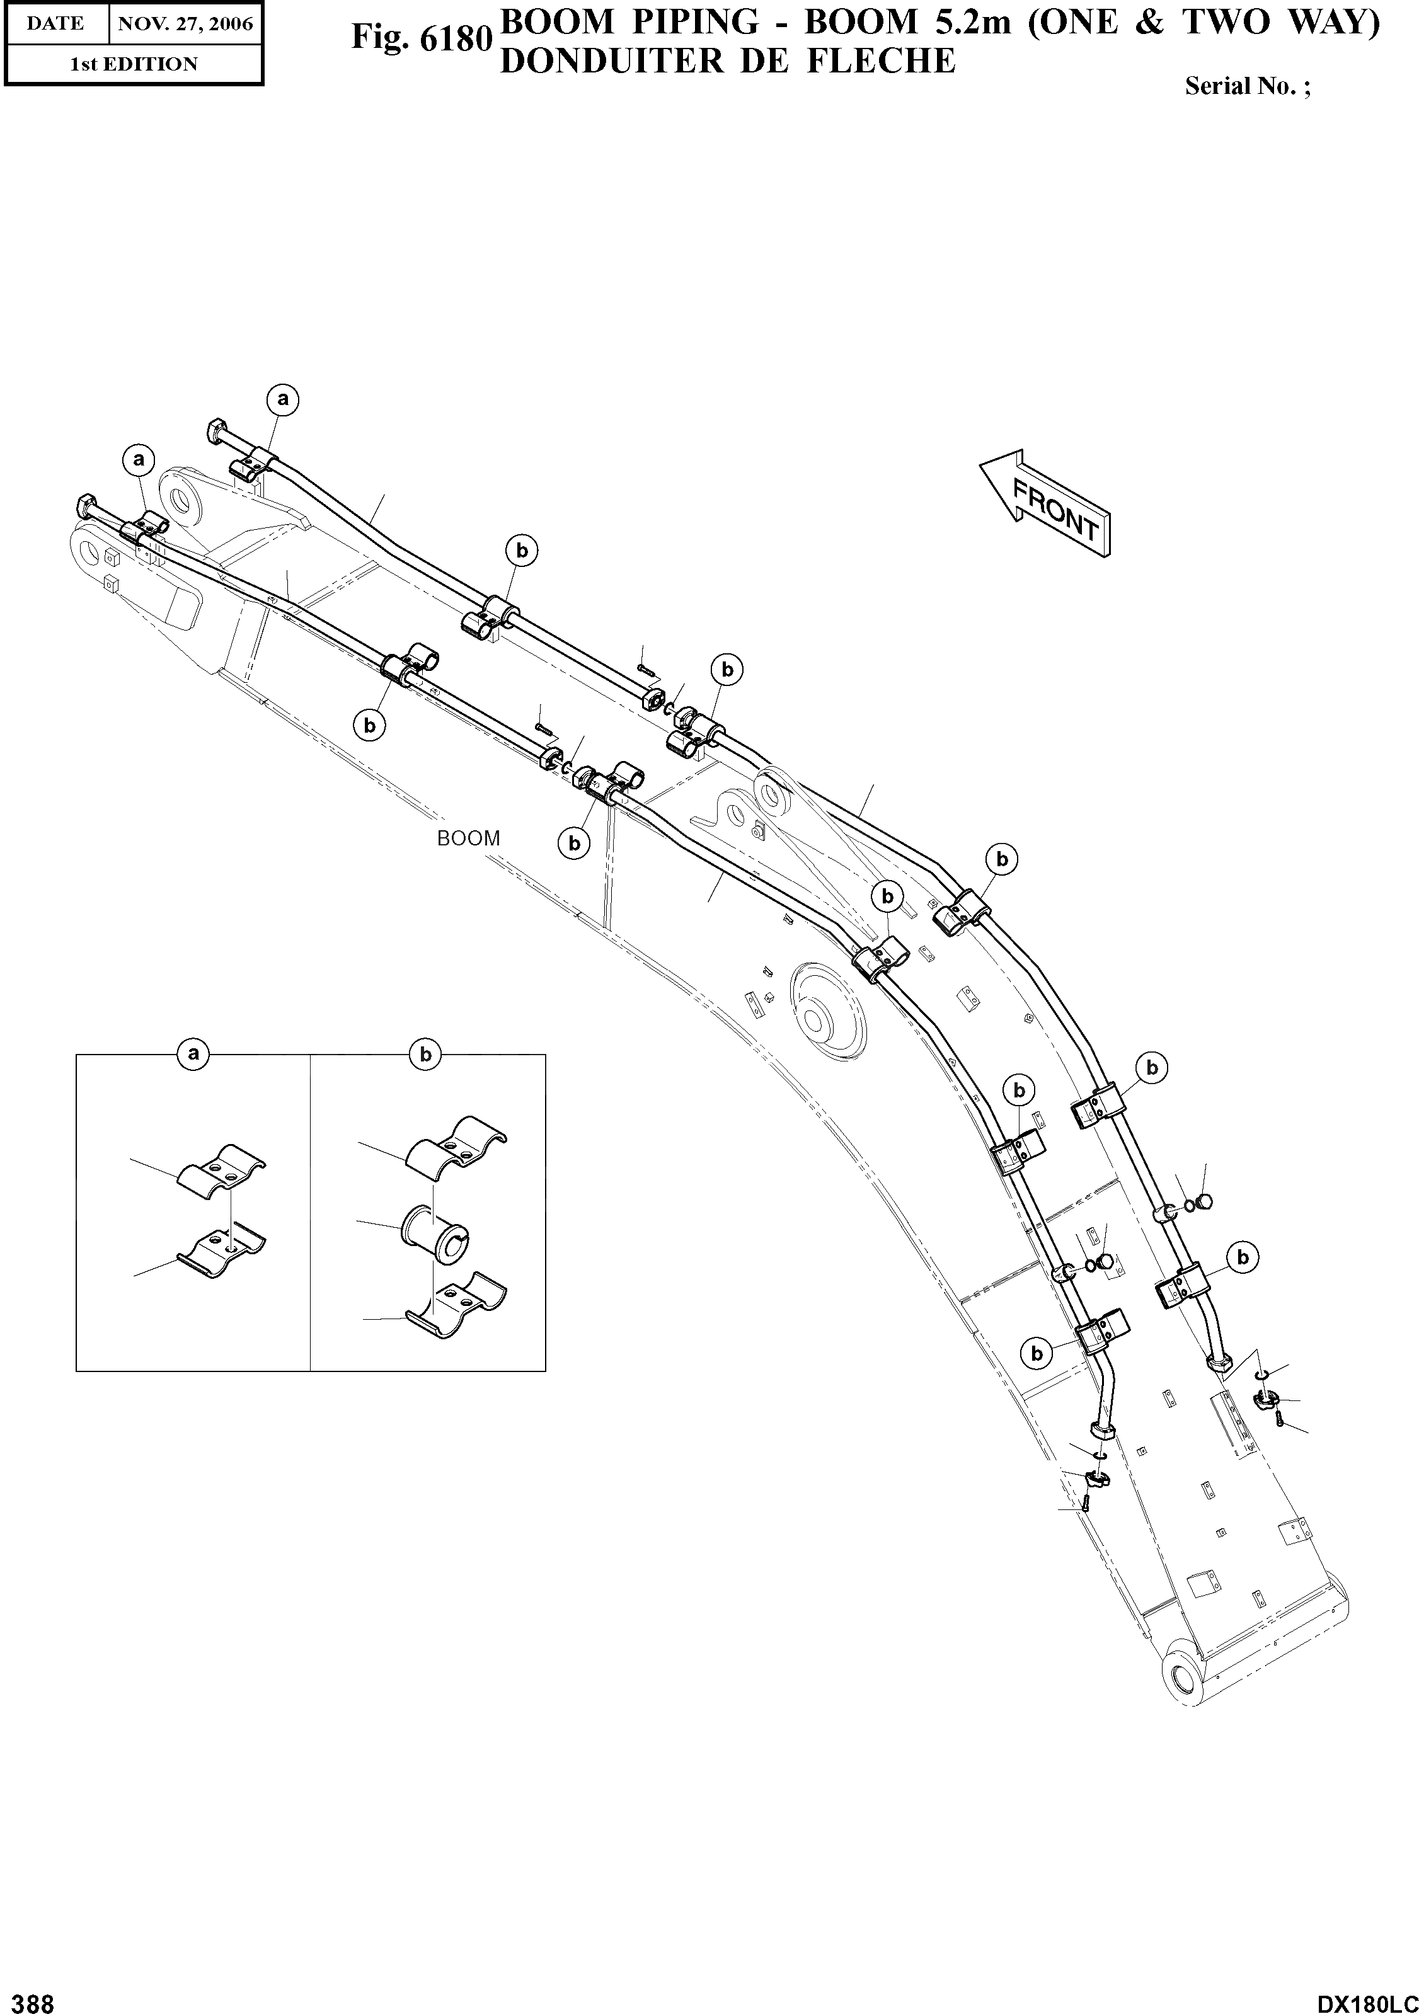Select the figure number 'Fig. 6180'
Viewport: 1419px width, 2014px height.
coord(420,38)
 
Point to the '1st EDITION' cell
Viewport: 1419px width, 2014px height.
coord(134,64)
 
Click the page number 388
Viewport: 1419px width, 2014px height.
coord(28,2003)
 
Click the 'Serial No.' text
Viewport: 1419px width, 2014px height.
coord(1247,86)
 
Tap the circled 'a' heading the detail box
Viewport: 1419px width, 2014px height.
coord(193,1053)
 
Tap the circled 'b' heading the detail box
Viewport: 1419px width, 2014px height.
coord(425,1053)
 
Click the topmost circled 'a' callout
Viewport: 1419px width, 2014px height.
coord(282,400)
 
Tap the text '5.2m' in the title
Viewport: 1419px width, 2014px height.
coord(970,22)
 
